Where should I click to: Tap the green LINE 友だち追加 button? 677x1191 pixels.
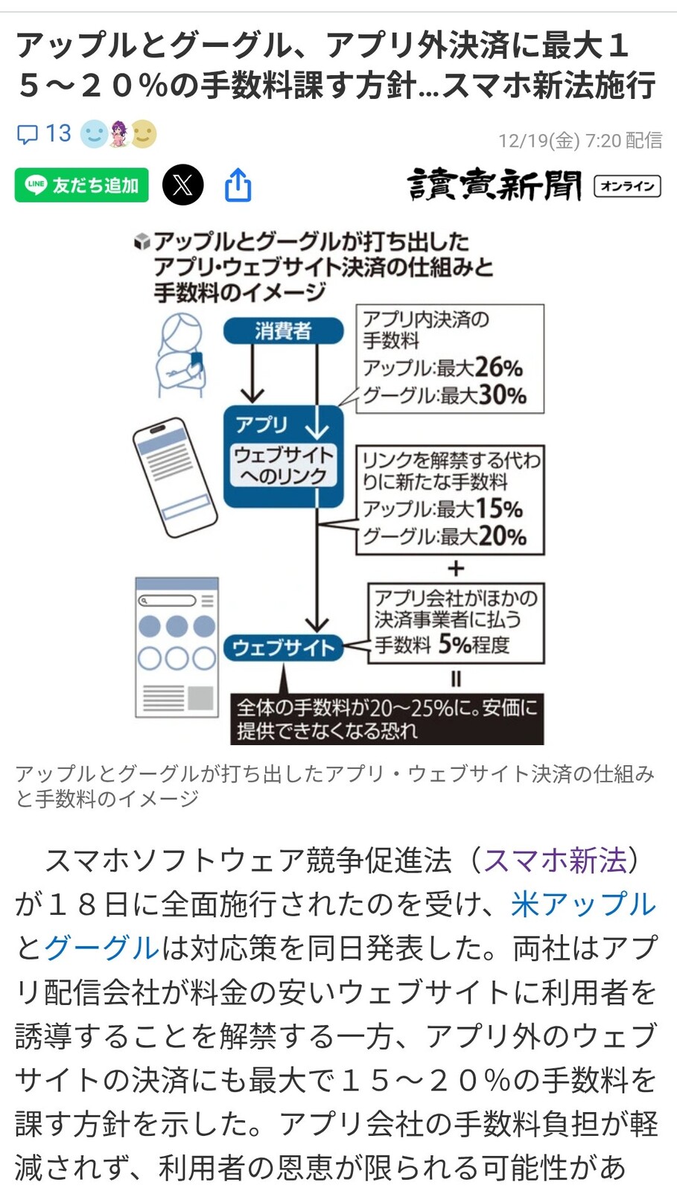(x=82, y=185)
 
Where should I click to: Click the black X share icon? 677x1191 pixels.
(x=182, y=185)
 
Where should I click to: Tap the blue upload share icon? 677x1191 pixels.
(x=238, y=185)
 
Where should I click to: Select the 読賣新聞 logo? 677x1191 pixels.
(x=494, y=185)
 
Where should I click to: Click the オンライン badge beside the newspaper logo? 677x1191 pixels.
(x=627, y=185)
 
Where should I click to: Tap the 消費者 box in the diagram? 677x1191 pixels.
(x=283, y=331)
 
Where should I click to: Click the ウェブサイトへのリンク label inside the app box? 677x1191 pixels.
(x=283, y=465)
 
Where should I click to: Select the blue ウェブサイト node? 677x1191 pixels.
(x=283, y=648)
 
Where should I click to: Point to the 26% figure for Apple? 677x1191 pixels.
(x=498, y=368)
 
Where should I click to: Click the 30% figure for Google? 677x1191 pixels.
(x=502, y=395)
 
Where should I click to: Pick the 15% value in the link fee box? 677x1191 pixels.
(x=498, y=509)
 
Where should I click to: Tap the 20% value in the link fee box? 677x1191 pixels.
(x=502, y=537)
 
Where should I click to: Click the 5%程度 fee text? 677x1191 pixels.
(x=473, y=644)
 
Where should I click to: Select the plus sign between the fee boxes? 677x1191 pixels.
(x=455, y=569)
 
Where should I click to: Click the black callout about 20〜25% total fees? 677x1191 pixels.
(x=387, y=718)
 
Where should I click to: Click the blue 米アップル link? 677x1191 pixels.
(x=584, y=904)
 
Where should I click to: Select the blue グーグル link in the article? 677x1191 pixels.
(x=102, y=948)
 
